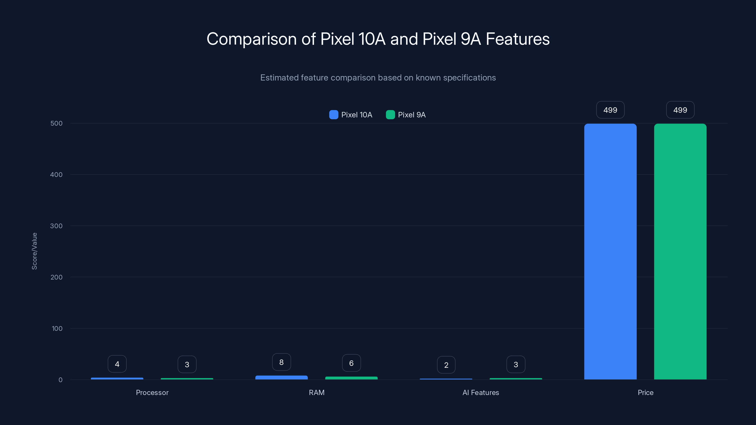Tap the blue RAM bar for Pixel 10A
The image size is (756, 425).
281,378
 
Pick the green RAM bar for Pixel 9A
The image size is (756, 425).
351,378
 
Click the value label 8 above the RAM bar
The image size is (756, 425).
281,362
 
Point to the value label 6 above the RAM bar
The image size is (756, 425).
351,363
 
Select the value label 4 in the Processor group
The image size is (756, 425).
117,364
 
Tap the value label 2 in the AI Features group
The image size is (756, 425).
446,365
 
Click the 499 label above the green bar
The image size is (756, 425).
680,110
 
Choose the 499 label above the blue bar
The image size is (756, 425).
610,110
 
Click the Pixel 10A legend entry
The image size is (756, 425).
351,115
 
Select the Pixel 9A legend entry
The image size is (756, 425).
406,115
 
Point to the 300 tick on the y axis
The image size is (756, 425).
56,226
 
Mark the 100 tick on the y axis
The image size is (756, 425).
57,328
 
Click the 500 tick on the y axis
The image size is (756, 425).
56,123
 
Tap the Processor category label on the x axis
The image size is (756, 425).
152,392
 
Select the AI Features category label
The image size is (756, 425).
481,392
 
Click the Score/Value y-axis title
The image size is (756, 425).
34,251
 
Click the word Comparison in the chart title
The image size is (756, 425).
252,39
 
